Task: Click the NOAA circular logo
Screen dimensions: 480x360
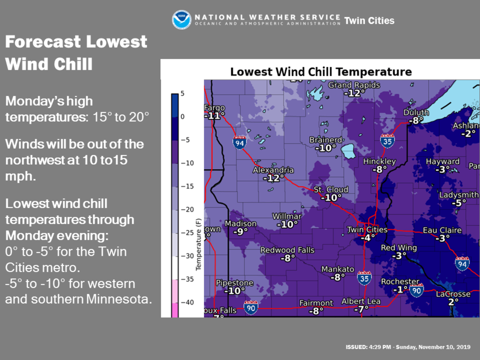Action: pyautogui.click(x=182, y=20)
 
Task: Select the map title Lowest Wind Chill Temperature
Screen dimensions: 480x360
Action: pyautogui.click(x=321, y=72)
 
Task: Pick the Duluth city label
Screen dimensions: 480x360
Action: pyautogui.click(x=416, y=112)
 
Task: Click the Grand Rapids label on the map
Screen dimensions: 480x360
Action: pyautogui.click(x=354, y=85)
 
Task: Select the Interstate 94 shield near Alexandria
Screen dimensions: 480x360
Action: pyautogui.click(x=239, y=142)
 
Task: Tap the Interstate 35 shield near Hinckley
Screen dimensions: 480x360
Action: pyautogui.click(x=387, y=141)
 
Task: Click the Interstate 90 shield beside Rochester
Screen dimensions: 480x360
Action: pyautogui.click(x=416, y=290)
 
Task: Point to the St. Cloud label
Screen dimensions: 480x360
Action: pyautogui.click(x=331, y=189)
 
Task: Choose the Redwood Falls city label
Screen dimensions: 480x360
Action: pyautogui.click(x=287, y=250)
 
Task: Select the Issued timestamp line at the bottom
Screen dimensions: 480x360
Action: pyautogui.click(x=408, y=347)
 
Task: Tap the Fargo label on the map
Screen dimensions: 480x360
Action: pyautogui.click(x=215, y=108)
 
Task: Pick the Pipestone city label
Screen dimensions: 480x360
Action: pyautogui.click(x=234, y=283)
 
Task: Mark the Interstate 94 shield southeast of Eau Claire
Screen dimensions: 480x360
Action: pyautogui.click(x=462, y=263)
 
